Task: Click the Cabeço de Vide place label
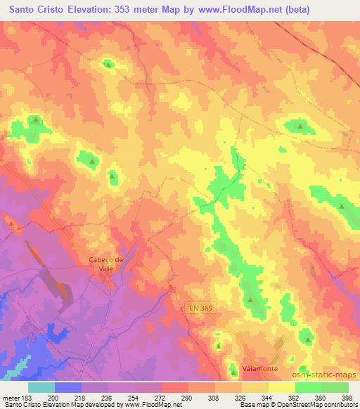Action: click(106, 264)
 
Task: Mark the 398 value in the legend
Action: click(347, 398)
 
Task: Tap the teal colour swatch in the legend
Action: click(41, 387)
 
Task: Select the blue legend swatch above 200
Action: click(68, 387)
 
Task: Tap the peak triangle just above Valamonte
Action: click(235, 365)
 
